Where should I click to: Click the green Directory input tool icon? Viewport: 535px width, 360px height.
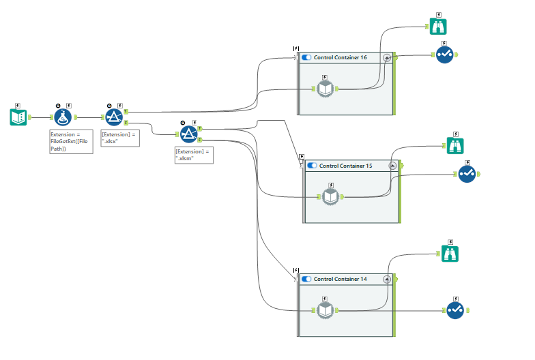(x=18, y=117)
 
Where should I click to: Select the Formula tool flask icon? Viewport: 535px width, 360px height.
(x=63, y=117)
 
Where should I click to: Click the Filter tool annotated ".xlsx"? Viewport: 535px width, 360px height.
(x=114, y=117)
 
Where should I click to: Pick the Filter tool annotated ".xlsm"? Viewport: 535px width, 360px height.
(x=188, y=134)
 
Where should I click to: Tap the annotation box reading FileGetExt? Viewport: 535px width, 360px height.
(x=71, y=142)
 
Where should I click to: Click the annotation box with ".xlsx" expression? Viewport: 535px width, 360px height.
(x=119, y=138)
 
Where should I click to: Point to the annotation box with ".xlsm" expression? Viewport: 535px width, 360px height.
(x=194, y=153)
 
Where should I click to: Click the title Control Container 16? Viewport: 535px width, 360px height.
(x=340, y=58)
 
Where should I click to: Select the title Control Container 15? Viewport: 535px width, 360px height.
(x=345, y=166)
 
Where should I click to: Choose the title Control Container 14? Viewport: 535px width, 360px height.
(x=340, y=279)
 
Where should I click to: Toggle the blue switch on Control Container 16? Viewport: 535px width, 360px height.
(x=306, y=58)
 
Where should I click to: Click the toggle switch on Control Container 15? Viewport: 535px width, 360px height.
(x=312, y=166)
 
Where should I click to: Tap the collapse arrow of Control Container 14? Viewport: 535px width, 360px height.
(x=387, y=279)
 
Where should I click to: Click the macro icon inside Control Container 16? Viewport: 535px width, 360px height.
(x=325, y=89)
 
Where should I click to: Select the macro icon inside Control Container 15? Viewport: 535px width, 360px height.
(x=330, y=196)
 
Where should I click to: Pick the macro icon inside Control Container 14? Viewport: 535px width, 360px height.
(x=325, y=310)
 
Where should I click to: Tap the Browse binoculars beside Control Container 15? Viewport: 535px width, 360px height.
(x=455, y=145)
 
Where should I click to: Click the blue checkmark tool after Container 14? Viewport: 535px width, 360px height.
(x=455, y=310)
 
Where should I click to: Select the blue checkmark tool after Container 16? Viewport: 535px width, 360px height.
(x=445, y=56)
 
